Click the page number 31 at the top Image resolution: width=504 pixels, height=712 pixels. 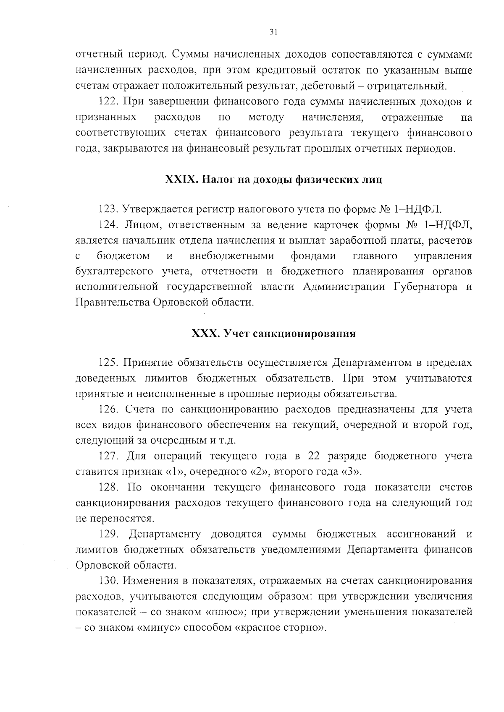coord(273,32)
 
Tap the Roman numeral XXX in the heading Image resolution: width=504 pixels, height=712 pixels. coord(205,334)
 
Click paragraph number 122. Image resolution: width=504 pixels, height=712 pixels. coord(109,102)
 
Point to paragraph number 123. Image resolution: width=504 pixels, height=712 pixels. coord(109,209)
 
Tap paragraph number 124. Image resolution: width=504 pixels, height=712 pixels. coord(109,225)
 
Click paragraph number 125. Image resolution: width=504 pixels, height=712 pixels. coord(109,363)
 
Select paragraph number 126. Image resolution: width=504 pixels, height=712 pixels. coord(109,409)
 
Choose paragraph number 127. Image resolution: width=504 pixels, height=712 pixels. coord(109,456)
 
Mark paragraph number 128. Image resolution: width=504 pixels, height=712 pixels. coord(109,488)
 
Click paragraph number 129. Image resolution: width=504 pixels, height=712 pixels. coord(109,535)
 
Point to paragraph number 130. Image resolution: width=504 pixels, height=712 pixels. coord(109,581)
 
